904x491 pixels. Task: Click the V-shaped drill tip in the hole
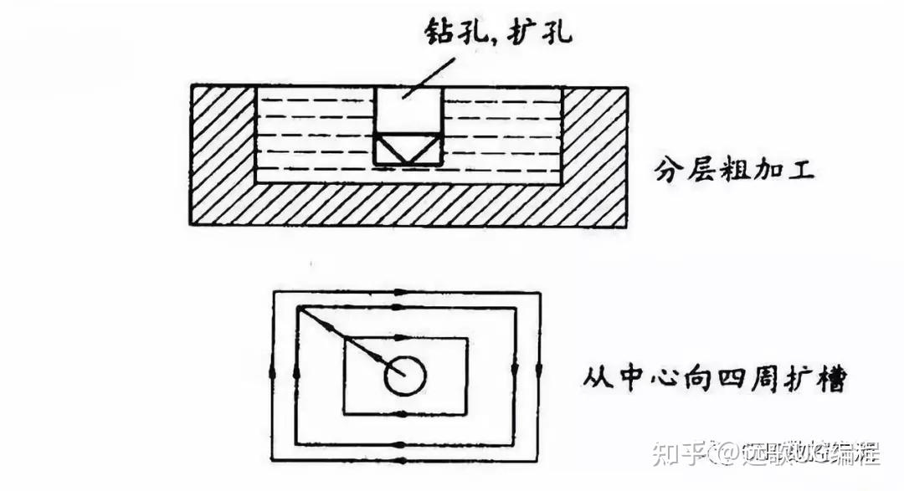click(408, 150)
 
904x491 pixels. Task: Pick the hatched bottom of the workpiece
click(408, 206)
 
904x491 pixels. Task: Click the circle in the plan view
click(405, 376)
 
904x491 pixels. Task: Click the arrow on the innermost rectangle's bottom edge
click(402, 414)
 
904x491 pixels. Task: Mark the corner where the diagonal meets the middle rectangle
click(299, 309)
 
